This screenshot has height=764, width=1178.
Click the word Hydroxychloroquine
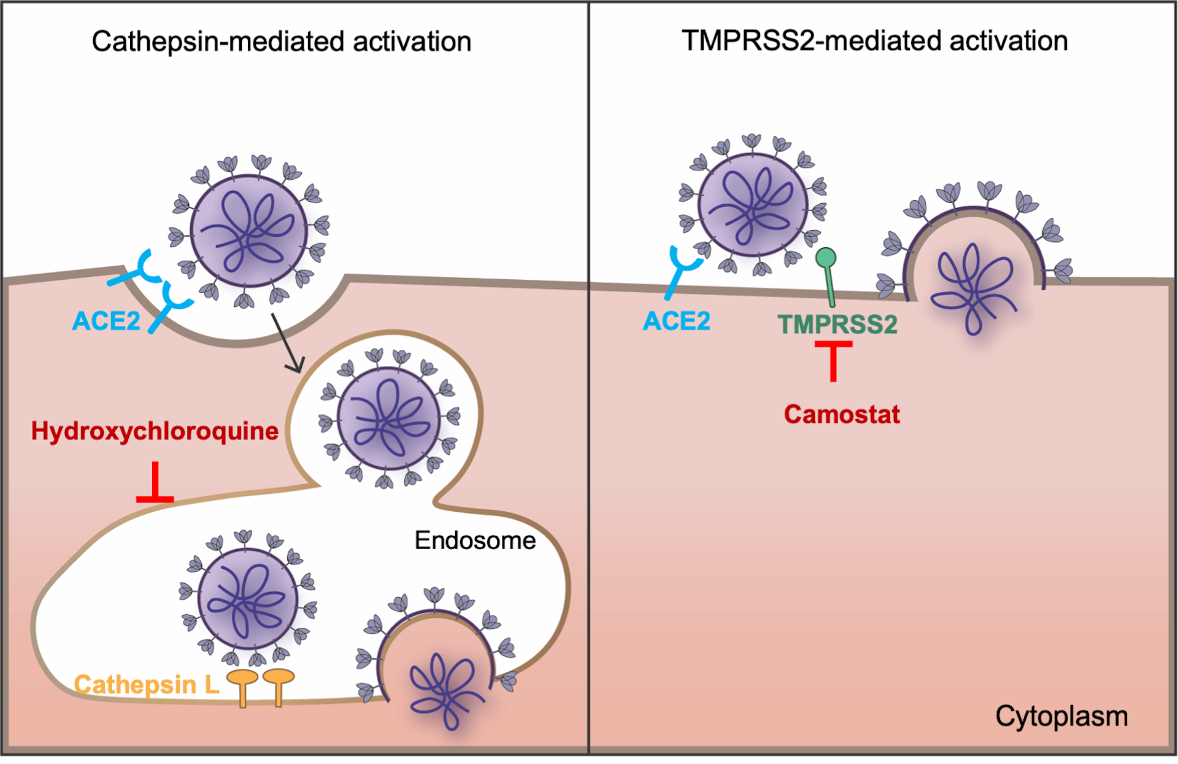(155, 431)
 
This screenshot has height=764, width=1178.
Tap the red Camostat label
(841, 415)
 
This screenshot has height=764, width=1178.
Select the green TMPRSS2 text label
(837, 325)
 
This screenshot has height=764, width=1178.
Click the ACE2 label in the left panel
(106, 321)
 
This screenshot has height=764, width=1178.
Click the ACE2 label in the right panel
(676, 321)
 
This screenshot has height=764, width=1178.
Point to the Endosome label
(475, 541)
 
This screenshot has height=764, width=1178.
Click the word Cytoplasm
(1061, 716)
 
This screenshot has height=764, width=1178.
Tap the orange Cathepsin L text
(146, 685)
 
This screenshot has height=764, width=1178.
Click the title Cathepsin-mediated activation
(282, 42)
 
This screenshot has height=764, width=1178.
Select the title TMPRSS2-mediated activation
(874, 41)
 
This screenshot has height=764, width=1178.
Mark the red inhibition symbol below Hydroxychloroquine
(155, 485)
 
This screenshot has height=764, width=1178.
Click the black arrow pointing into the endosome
(287, 344)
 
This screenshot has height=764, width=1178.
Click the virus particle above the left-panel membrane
(248, 231)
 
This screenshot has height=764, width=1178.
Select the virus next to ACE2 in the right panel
(753, 204)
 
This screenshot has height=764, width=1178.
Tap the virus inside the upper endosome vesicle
(388, 419)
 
